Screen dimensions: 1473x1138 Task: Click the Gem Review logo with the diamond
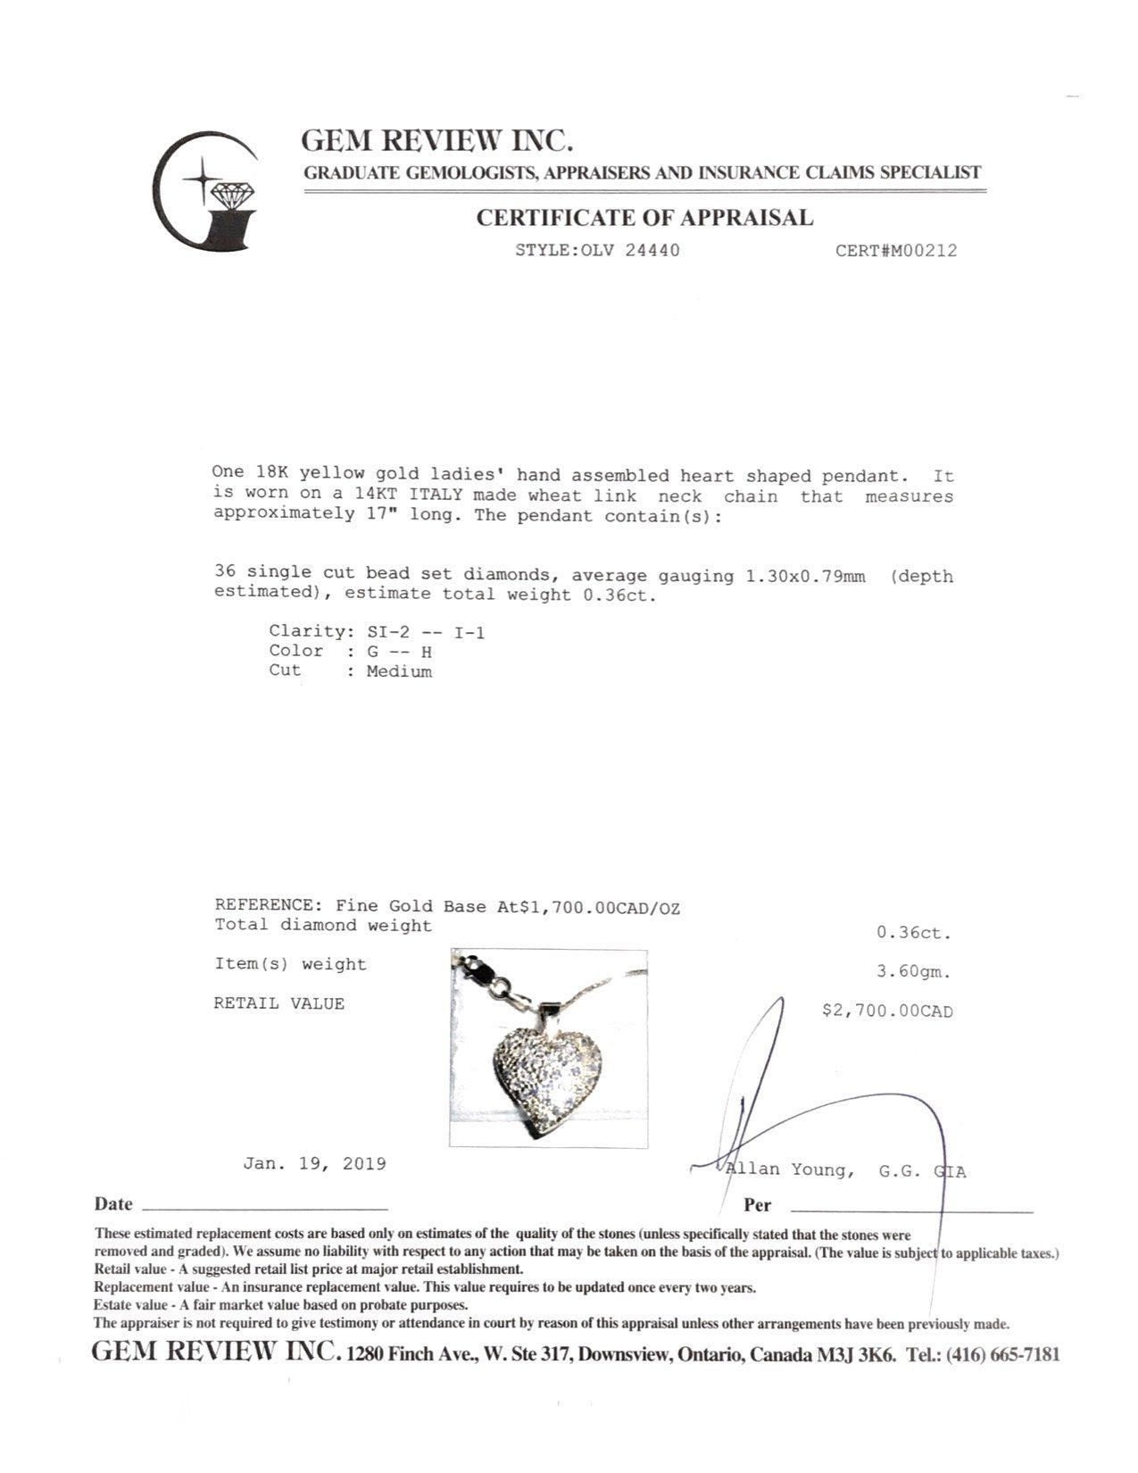pos(204,191)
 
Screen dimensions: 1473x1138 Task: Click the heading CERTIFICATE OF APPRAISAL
pos(644,218)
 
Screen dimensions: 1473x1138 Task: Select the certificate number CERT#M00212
pos(895,251)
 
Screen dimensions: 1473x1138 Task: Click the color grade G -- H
pos(399,653)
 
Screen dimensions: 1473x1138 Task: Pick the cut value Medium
pos(399,672)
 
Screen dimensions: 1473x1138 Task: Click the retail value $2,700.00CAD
pos(886,1011)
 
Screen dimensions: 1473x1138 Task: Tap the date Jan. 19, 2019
pos(314,1164)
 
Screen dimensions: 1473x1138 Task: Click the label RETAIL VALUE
pos(278,1003)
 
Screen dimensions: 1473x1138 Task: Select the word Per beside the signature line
pos(757,1205)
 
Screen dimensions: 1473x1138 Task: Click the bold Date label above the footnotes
pos(113,1204)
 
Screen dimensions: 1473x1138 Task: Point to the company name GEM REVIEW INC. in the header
pos(436,141)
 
